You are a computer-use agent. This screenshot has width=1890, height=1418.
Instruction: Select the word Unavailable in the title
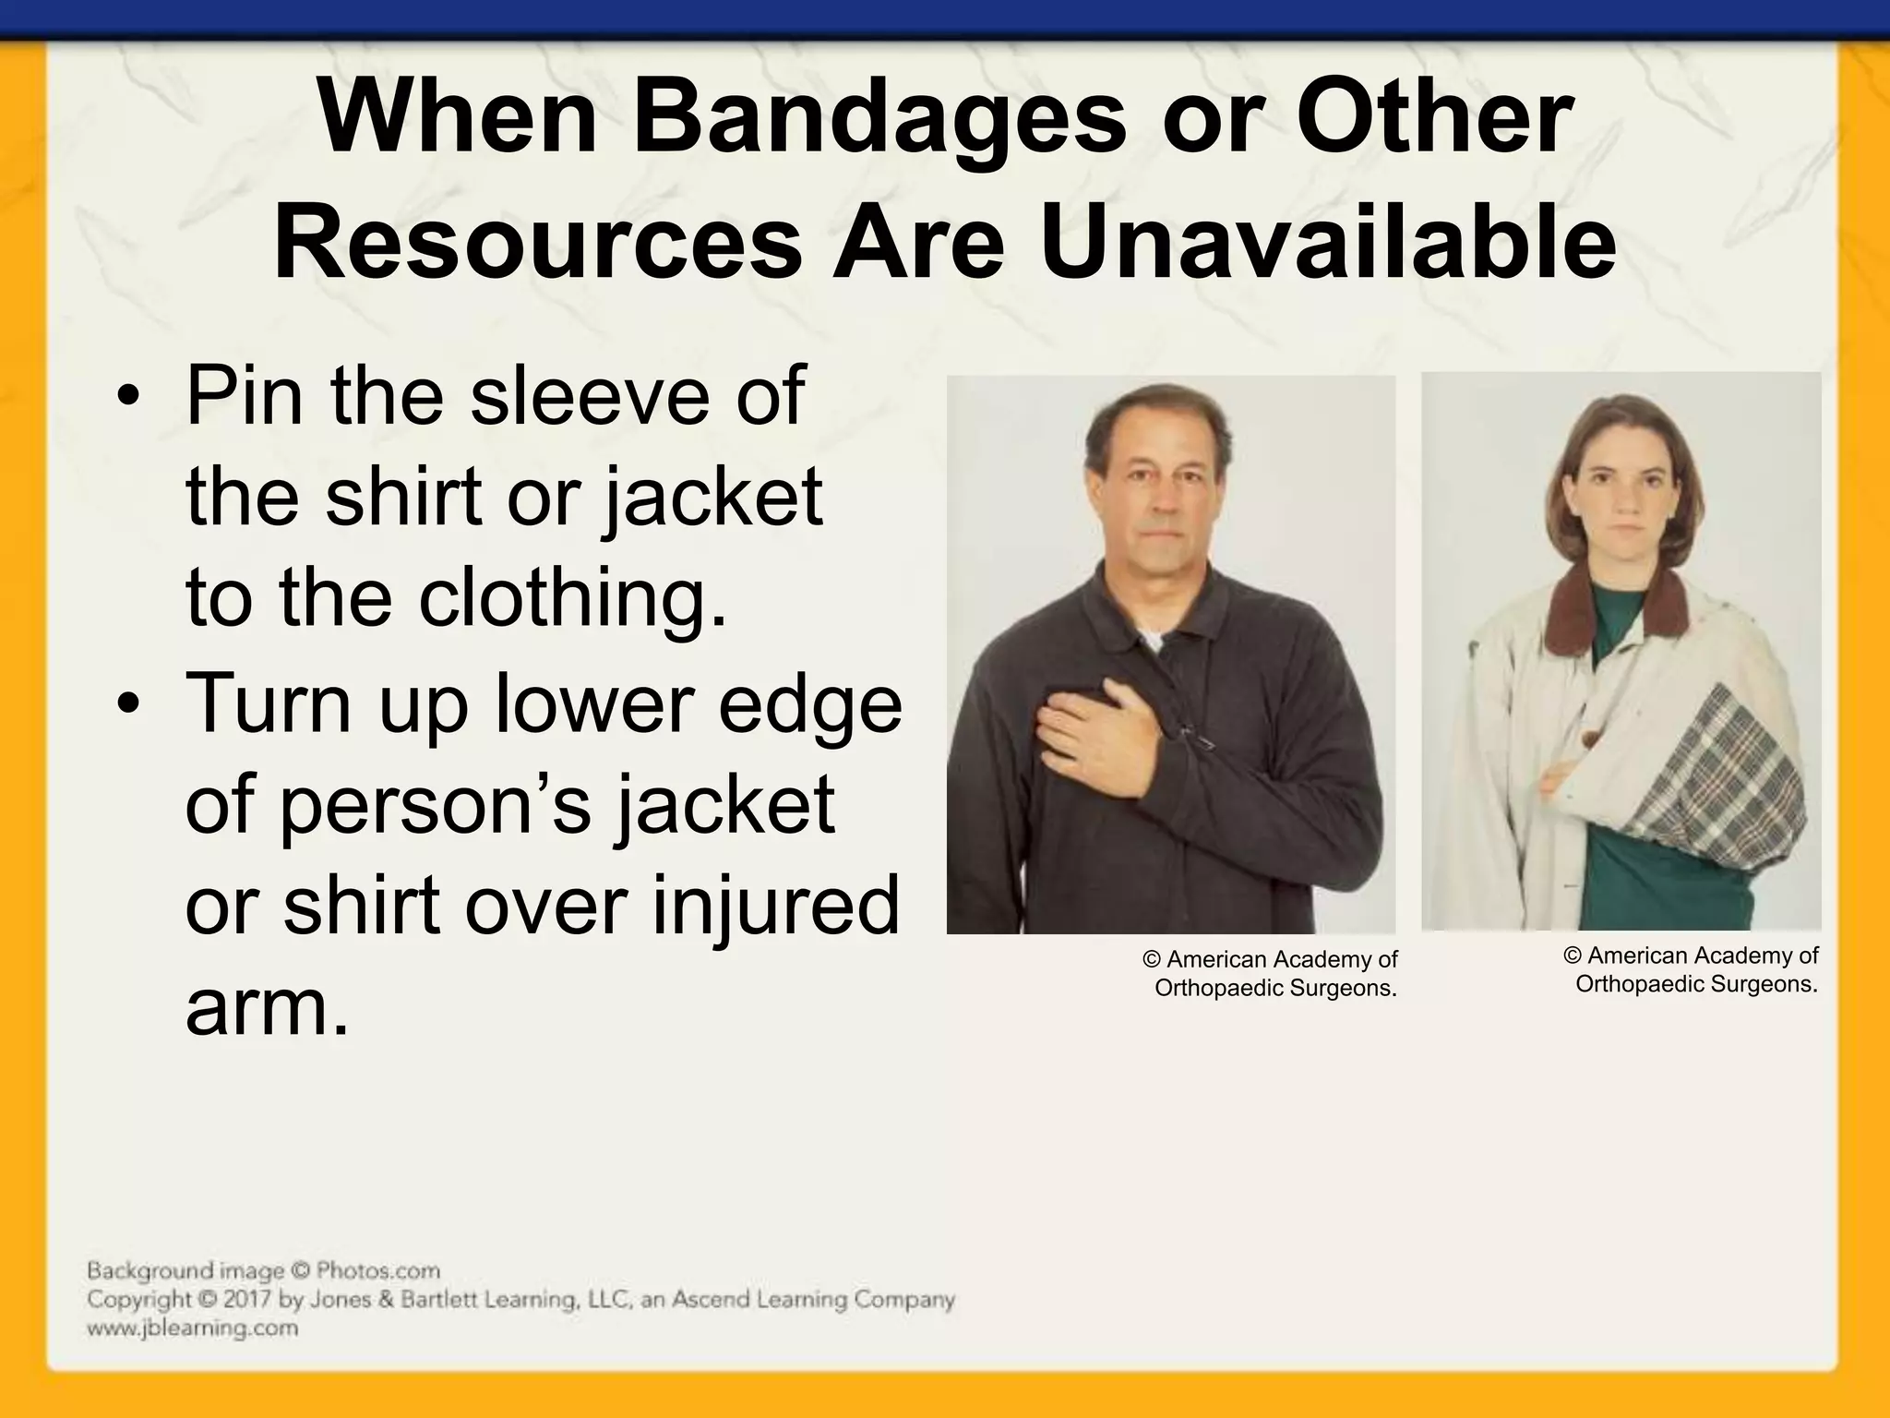1329,242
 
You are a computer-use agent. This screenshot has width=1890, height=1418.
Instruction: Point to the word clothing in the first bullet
572,598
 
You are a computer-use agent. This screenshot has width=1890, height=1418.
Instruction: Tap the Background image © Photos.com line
263,1271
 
